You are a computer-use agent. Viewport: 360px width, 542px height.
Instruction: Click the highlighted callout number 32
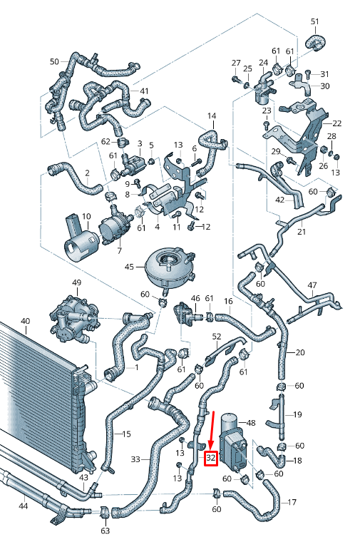tap(211, 458)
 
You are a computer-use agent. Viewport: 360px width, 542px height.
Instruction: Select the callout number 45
tap(130, 267)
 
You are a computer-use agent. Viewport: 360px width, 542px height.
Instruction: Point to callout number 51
tap(315, 21)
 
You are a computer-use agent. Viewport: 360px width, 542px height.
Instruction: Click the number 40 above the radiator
tap(25, 321)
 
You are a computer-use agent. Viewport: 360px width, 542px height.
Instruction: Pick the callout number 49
tap(76, 284)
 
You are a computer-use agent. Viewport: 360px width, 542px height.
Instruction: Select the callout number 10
tap(86, 216)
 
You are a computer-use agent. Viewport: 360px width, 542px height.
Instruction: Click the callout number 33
tap(135, 460)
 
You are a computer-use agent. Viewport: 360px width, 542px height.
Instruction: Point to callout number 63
tap(106, 531)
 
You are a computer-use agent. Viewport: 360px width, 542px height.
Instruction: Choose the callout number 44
tap(24, 506)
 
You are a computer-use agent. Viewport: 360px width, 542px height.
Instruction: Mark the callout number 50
tap(54, 61)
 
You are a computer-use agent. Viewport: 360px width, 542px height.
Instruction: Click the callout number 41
tap(144, 91)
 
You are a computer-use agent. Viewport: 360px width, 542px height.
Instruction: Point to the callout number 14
tap(211, 116)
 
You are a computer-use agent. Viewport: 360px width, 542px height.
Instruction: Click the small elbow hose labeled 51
tap(314, 42)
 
